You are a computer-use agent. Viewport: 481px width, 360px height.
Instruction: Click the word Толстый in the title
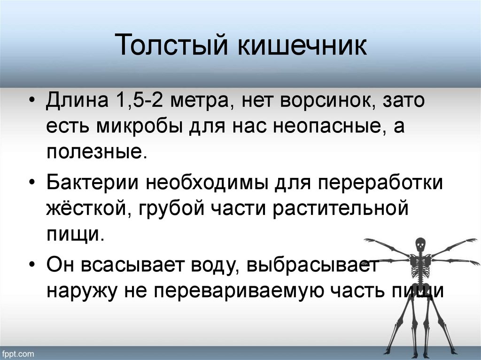click(173, 48)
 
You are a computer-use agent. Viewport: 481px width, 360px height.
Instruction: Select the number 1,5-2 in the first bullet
click(135, 102)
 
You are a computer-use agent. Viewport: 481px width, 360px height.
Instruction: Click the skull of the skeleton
click(419, 244)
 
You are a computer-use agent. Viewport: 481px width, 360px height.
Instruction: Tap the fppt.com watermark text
click(17, 353)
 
